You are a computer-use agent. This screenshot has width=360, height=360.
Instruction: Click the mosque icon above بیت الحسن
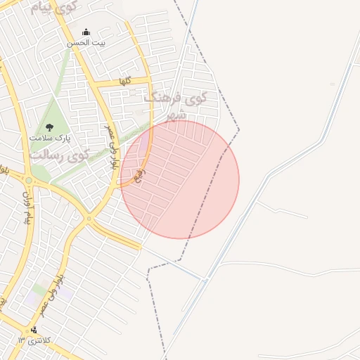coord(86,32)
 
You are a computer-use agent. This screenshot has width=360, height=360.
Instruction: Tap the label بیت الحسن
coord(86,43)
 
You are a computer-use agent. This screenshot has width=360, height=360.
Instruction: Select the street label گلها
coord(125,81)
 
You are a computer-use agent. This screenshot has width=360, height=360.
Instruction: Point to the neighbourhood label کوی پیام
coord(53,8)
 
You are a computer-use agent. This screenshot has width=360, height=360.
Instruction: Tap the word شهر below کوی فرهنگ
coord(176,115)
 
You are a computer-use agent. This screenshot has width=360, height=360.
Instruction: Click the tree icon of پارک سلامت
coord(49,127)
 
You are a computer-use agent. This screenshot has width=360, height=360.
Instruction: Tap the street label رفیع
coord(139,171)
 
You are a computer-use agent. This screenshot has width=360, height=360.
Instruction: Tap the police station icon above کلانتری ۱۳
coord(34,330)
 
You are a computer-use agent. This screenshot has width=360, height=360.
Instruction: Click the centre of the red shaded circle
coord(180,179)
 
